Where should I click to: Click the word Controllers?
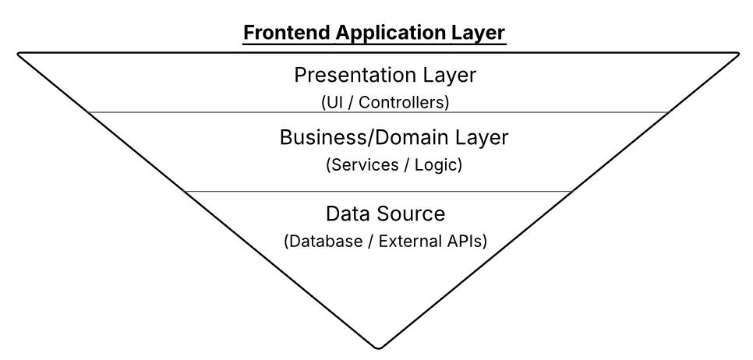tap(411, 101)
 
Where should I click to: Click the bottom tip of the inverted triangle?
tap(379, 346)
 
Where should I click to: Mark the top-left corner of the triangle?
tap(19, 54)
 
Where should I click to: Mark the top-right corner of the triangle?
tap(737, 54)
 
